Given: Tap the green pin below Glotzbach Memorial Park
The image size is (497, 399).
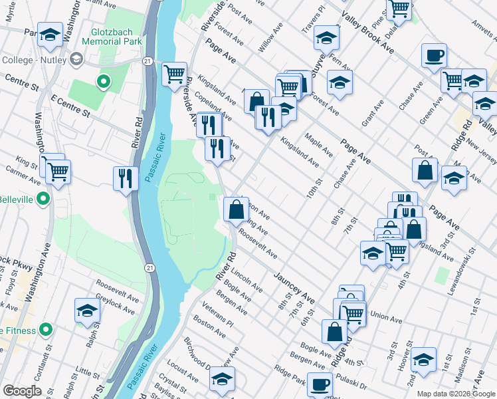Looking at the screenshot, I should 102,82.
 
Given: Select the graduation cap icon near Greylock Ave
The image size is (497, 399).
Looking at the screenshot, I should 87,311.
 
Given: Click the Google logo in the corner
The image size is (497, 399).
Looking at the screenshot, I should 23,391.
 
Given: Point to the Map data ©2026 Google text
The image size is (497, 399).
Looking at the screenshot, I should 456,394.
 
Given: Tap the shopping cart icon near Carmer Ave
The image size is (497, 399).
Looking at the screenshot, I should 58,172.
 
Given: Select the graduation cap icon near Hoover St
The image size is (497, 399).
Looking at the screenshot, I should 423,359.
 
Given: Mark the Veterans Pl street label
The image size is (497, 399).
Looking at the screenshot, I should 219,319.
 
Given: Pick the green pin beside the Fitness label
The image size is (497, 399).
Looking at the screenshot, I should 45,329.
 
